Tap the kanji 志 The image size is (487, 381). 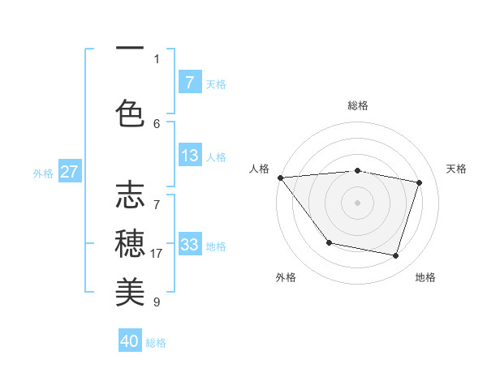(130, 195)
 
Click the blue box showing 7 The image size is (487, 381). (190, 82)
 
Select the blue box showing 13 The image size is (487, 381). (190, 156)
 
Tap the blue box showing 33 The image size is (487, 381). (190, 245)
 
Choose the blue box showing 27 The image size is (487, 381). (69, 172)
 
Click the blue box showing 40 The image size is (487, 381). (130, 341)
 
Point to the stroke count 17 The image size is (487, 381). (157, 254)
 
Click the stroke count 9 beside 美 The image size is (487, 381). (157, 302)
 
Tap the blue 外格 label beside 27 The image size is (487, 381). (43, 173)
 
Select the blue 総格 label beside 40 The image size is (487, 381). (156, 343)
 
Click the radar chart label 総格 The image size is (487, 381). (358, 105)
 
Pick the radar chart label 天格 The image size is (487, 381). (457, 169)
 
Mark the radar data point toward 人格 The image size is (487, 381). (280, 178)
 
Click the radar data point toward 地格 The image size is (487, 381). (396, 256)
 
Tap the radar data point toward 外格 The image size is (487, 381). (329, 242)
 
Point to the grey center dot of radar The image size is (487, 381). (358, 203)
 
